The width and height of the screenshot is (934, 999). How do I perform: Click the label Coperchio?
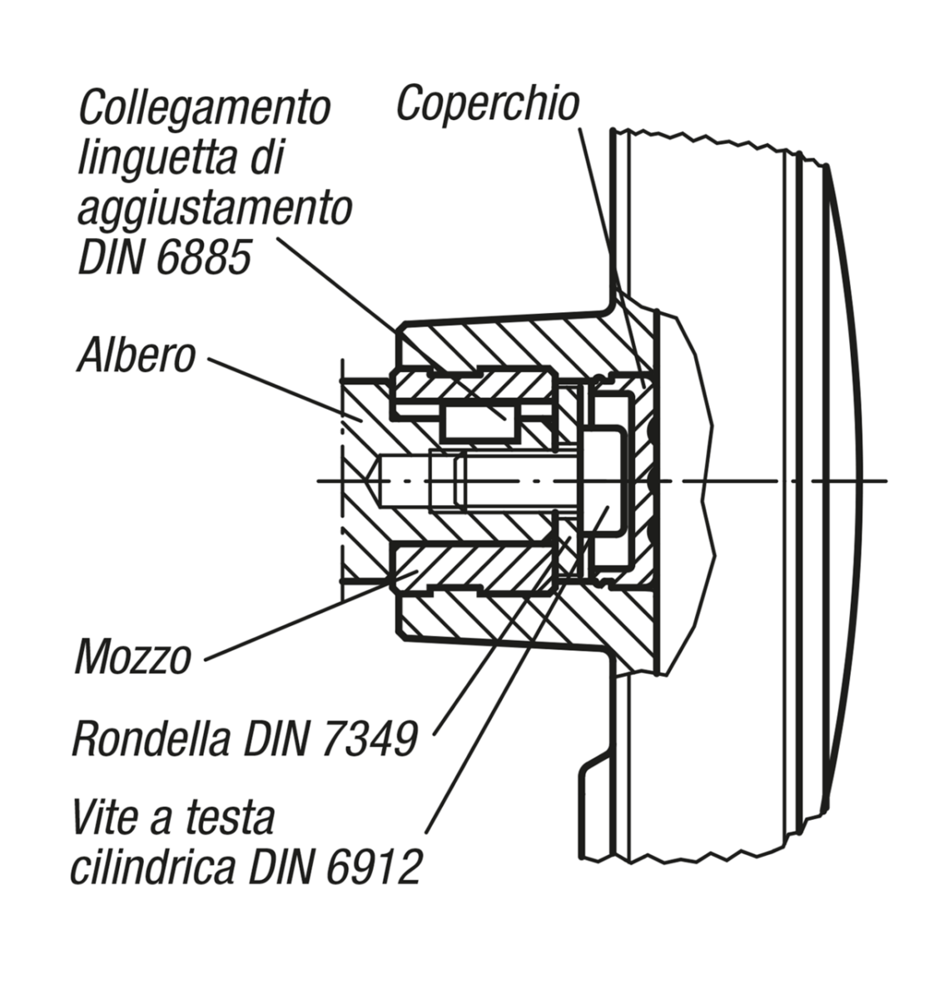(487, 104)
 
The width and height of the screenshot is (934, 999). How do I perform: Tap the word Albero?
(137, 355)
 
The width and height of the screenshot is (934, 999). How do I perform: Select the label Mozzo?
(133, 658)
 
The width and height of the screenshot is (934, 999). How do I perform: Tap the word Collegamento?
(204, 108)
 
